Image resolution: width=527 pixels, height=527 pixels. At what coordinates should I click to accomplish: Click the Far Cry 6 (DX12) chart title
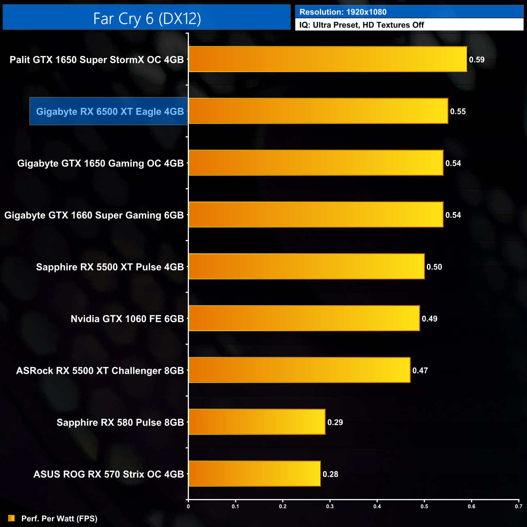point(147,19)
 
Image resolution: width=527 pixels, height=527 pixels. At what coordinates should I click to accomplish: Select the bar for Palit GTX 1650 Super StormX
point(328,59)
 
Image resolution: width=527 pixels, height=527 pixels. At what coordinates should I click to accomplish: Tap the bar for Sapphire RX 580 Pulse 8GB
point(257,422)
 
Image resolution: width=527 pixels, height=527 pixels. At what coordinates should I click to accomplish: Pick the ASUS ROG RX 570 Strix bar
point(254,474)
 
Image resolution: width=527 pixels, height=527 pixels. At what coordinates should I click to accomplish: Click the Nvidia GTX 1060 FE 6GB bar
point(304,319)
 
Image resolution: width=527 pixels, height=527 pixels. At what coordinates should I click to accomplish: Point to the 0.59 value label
point(477,60)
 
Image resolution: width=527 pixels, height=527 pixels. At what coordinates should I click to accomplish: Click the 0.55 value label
point(458,111)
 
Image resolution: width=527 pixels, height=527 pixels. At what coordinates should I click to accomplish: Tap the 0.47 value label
point(420,371)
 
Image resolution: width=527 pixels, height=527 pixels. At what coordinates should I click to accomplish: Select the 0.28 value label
point(330,474)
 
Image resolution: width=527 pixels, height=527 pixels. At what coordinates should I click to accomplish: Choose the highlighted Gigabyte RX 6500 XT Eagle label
point(110,111)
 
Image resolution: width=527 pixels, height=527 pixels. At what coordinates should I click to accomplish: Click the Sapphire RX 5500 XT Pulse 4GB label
point(110,267)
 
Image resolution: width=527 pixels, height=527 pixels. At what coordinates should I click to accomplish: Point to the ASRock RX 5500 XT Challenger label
point(100,371)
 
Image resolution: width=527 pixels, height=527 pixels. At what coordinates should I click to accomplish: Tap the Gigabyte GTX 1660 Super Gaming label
point(94,215)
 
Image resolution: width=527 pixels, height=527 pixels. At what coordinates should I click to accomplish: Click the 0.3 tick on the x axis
point(330,506)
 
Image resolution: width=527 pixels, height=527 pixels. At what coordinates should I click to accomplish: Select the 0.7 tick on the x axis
point(518,506)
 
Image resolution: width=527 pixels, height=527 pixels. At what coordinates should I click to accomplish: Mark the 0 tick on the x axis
point(188,506)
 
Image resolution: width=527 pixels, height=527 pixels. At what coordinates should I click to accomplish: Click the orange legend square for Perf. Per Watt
point(11,518)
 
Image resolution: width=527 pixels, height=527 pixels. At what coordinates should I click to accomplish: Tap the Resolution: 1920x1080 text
point(343,12)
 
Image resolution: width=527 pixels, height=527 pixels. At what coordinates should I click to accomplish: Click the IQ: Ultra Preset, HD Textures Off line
point(362,25)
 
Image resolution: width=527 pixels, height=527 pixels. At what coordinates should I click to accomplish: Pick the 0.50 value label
point(434,267)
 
